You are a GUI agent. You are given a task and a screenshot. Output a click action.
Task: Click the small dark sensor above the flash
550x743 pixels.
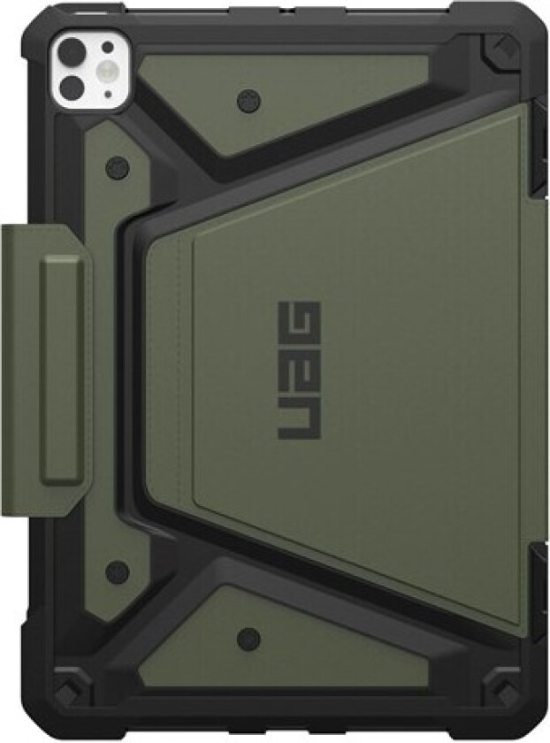coord(107,47)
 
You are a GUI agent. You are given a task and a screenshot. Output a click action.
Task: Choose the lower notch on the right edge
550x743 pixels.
coord(538,575)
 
